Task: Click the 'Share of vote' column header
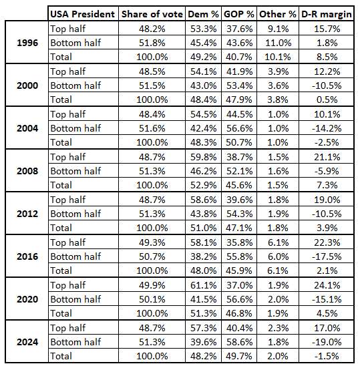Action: click(x=152, y=14)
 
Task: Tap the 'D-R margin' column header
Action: click(x=327, y=14)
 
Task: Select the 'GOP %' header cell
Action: click(x=239, y=14)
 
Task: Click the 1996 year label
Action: click(x=27, y=43)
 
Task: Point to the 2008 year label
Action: click(x=27, y=171)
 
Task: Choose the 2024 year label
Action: click(x=27, y=342)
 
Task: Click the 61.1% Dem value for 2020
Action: click(x=203, y=285)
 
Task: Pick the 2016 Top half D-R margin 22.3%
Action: click(x=327, y=242)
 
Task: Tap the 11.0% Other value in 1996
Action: click(x=278, y=43)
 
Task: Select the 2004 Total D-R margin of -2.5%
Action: click(x=327, y=142)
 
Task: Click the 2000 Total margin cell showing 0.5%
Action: click(x=327, y=100)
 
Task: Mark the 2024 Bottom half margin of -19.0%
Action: click(x=327, y=342)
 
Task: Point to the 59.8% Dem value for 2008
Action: click(x=203, y=157)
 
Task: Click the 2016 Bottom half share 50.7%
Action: click(x=152, y=256)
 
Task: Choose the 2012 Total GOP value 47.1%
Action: click(x=239, y=228)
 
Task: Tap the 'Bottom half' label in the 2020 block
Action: click(x=75, y=299)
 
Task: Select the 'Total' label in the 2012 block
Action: click(x=61, y=228)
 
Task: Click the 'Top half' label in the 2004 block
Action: click(x=68, y=114)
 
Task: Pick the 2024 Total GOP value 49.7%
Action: click(x=239, y=356)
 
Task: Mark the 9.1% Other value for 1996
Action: click(x=278, y=29)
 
